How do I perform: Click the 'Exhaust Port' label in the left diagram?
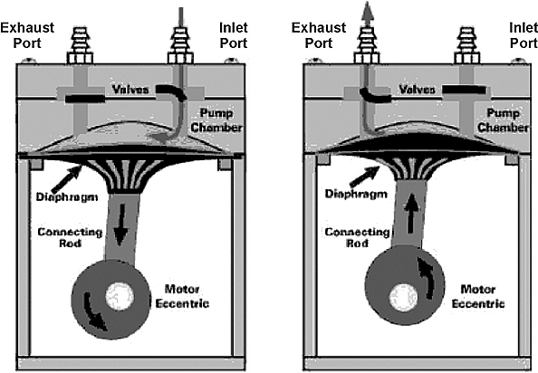pos(27,35)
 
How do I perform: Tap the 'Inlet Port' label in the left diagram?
pos(234,35)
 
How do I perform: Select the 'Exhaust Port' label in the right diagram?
pos(319,35)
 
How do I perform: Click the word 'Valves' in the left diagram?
pos(130,90)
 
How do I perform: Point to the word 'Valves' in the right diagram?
pos(417,90)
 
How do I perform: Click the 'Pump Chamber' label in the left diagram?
pos(216,120)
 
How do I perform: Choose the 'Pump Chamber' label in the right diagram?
pos(503,120)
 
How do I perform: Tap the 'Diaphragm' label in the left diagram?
pos(67,196)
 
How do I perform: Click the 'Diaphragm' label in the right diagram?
pos(356,194)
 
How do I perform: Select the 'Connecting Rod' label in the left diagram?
pos(70,237)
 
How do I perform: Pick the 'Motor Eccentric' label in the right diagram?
pos(478,296)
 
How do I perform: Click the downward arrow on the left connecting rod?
pos(120,225)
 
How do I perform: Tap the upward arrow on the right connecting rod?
pos(411,216)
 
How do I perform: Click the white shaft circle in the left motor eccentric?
pos(120,296)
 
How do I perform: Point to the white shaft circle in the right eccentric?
pos(404,298)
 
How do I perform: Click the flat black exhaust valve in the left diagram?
pos(85,99)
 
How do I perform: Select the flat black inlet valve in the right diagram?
pos(465,91)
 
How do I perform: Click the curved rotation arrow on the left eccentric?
pos(95,311)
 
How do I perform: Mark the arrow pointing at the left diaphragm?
pos(66,178)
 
